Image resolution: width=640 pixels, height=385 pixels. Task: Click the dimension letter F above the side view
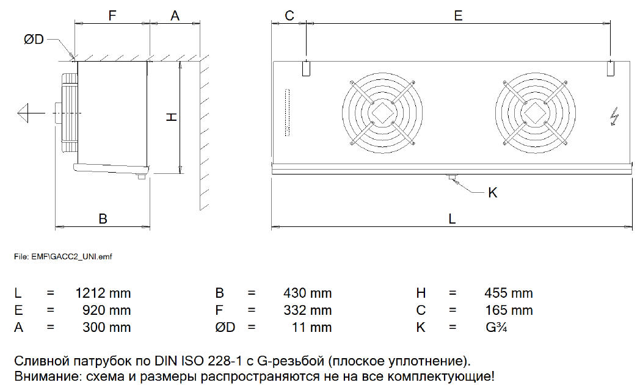click(112, 15)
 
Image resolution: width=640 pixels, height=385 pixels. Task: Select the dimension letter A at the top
click(175, 15)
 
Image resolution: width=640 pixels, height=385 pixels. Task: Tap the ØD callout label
click(34, 39)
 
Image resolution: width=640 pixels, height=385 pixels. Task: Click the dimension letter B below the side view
click(103, 218)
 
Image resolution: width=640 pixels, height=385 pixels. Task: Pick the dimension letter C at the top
click(289, 15)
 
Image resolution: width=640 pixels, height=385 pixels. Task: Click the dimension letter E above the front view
click(459, 15)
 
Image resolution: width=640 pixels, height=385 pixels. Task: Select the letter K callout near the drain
click(493, 193)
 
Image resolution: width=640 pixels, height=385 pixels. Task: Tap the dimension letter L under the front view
click(452, 218)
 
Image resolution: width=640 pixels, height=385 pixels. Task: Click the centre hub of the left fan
click(382, 113)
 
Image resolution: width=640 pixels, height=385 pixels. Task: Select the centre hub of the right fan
click(535, 113)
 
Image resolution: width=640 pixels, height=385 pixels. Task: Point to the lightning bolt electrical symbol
click(614, 117)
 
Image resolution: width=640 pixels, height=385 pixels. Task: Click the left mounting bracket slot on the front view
click(306, 68)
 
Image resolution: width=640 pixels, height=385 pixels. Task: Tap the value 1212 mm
click(103, 293)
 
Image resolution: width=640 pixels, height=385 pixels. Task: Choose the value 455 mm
click(509, 293)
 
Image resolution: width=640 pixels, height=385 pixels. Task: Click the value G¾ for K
click(496, 327)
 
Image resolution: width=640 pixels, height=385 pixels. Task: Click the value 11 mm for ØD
click(312, 327)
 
